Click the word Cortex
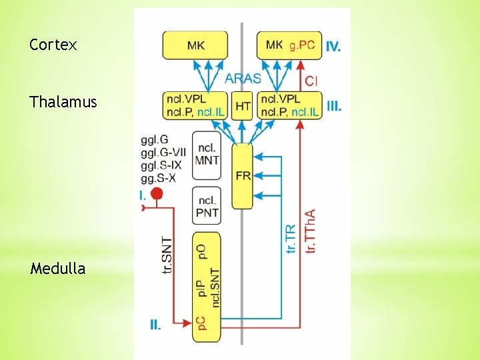click(53, 45)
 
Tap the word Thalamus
click(63, 102)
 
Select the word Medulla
click(58, 269)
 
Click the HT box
click(243, 106)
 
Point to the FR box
click(243, 175)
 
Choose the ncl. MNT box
click(207, 155)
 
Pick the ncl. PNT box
click(207, 205)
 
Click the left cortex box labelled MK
click(195, 45)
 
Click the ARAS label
click(243, 78)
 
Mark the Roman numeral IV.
click(334, 47)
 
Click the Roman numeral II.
click(155, 325)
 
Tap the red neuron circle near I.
click(157, 194)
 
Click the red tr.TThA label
click(310, 231)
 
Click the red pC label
click(201, 323)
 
